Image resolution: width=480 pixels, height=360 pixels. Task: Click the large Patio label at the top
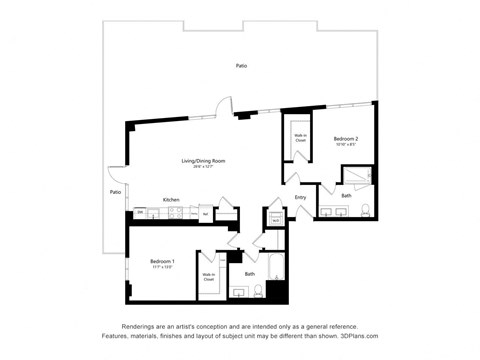tap(242, 66)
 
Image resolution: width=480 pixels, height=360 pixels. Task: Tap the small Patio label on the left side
tap(115, 192)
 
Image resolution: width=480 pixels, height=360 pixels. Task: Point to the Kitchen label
tap(171, 200)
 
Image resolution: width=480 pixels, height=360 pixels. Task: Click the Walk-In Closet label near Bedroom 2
tap(300, 137)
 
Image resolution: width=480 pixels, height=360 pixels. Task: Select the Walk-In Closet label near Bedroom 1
tap(209, 277)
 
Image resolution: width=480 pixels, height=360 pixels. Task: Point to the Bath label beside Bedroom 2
tap(346, 196)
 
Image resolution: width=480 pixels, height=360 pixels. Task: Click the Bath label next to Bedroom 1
tap(249, 274)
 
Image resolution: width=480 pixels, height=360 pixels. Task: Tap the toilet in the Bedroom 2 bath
tap(367, 211)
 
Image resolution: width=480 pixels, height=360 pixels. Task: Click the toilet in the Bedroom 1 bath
tap(259, 293)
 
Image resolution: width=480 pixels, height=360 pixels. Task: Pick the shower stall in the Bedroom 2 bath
tap(357, 176)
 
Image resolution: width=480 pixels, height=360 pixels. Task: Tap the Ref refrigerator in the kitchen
tap(204, 213)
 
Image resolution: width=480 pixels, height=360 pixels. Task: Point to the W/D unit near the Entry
tap(276, 221)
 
